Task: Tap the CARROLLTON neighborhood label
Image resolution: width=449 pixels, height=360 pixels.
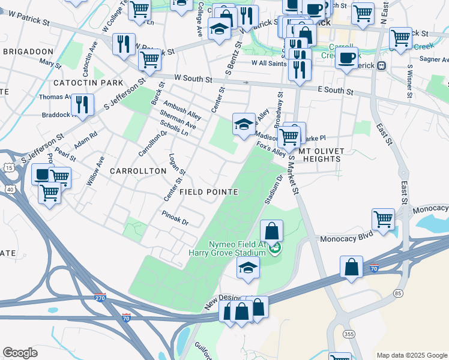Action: (x=137, y=171)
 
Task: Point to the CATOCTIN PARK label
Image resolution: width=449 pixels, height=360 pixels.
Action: (x=88, y=83)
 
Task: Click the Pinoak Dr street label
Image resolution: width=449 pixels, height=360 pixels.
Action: (x=175, y=218)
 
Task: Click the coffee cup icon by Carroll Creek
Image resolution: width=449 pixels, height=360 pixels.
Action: (x=346, y=58)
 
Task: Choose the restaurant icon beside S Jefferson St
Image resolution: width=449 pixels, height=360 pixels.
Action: (x=82, y=104)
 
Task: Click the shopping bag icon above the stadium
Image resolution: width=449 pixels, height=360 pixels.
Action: (x=271, y=230)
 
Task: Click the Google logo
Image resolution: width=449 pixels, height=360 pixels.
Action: (x=20, y=353)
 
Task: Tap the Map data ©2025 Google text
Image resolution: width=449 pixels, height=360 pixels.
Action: (x=411, y=355)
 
